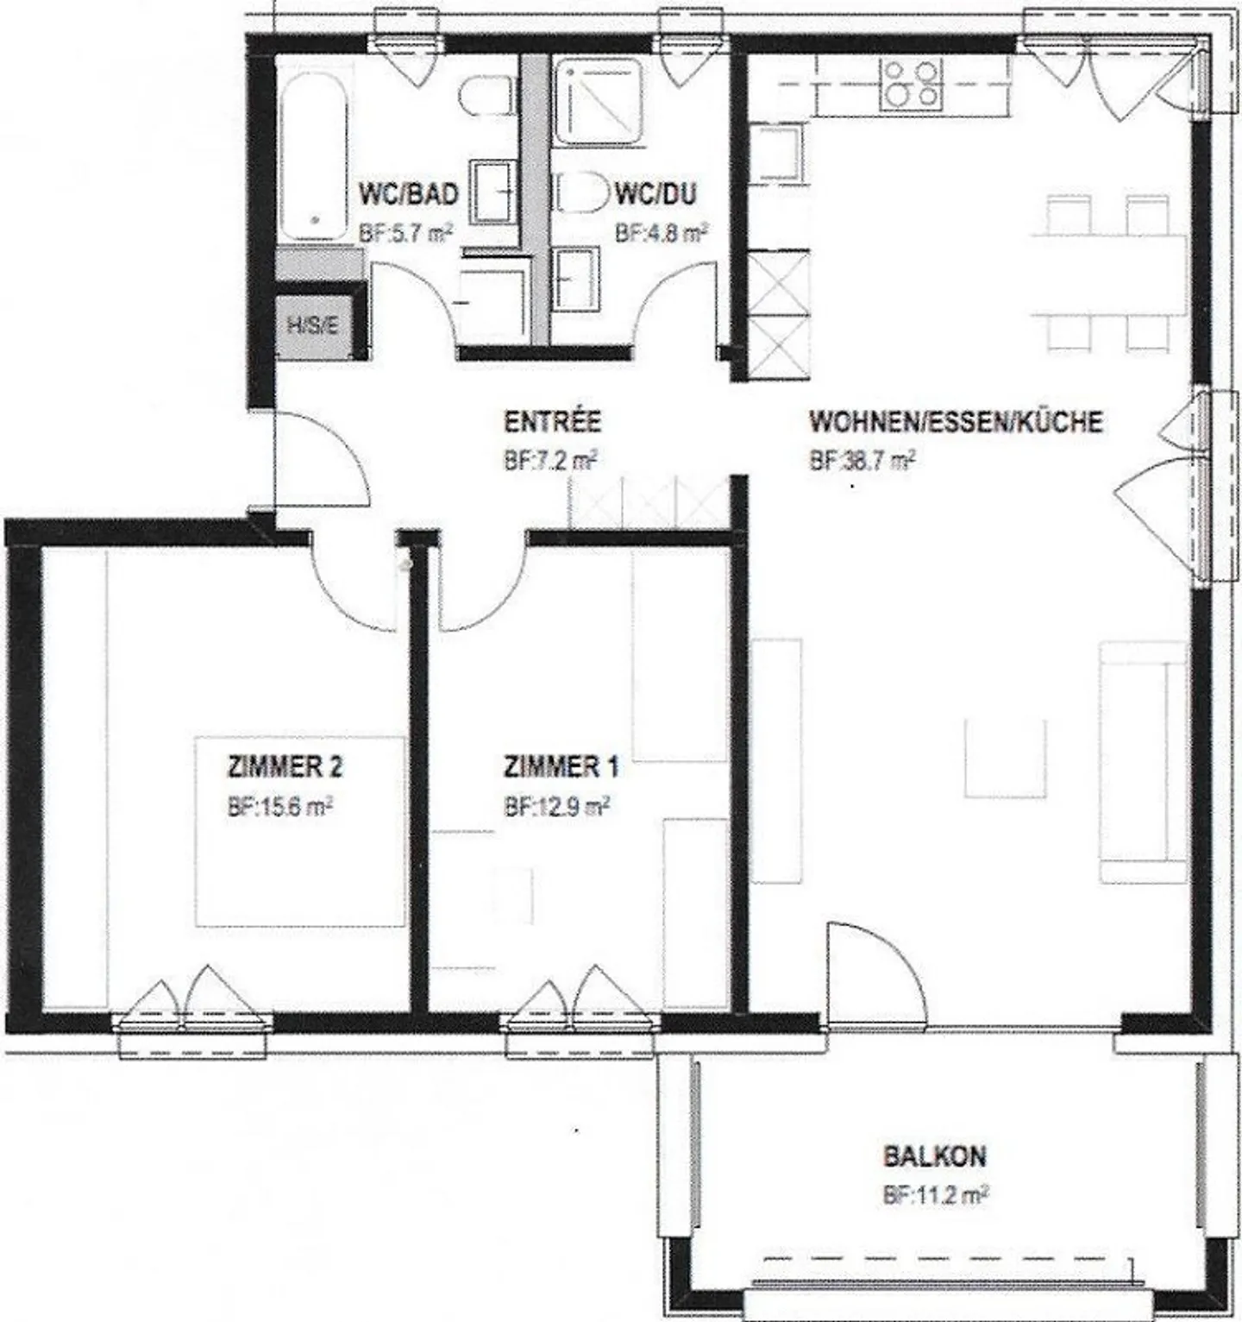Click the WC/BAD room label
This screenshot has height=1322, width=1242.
coord(408,194)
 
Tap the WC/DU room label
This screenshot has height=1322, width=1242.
coord(655,194)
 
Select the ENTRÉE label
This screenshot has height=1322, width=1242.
coord(552,422)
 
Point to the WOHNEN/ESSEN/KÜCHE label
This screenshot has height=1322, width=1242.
coord(956,422)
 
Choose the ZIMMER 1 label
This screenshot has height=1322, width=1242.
coord(561,766)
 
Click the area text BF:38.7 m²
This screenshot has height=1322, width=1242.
coord(862,462)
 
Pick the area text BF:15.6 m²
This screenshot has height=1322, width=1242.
coord(280,808)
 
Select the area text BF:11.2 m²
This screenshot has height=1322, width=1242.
coord(935,1196)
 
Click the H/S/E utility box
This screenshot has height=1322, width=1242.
coord(311,326)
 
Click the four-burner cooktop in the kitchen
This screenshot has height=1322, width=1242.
coord(913,83)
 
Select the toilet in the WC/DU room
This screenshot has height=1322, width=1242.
coord(583,192)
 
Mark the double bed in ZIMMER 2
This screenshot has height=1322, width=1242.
coord(300,831)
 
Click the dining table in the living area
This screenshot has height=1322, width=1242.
coord(1109,274)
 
